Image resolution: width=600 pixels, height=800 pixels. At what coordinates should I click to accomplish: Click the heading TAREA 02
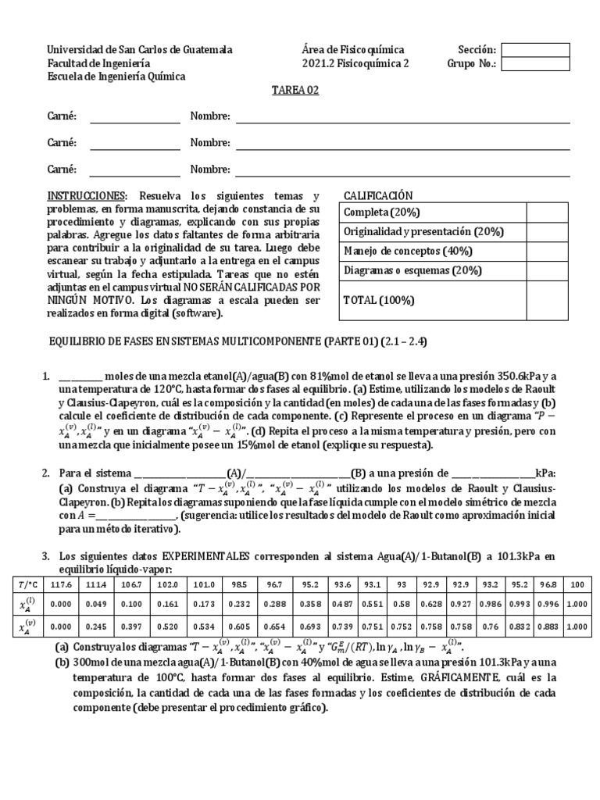[295, 91]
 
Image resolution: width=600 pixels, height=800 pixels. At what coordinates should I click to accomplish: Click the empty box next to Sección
[535, 50]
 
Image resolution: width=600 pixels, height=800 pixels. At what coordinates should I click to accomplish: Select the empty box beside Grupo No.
[535, 64]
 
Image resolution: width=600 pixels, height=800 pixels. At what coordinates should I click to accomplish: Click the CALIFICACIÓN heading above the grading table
[378, 195]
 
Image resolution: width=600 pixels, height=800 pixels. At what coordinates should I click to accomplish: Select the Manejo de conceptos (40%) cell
[403, 251]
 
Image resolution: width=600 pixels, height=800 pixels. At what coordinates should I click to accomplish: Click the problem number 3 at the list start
[45, 555]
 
